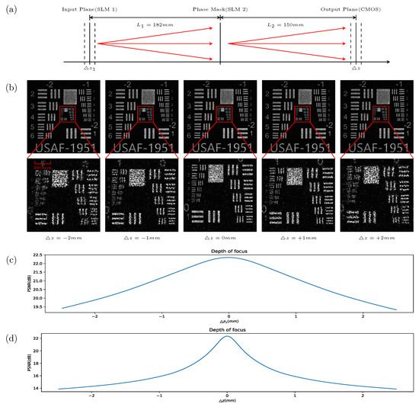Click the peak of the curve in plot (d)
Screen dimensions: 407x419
(x=227, y=336)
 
